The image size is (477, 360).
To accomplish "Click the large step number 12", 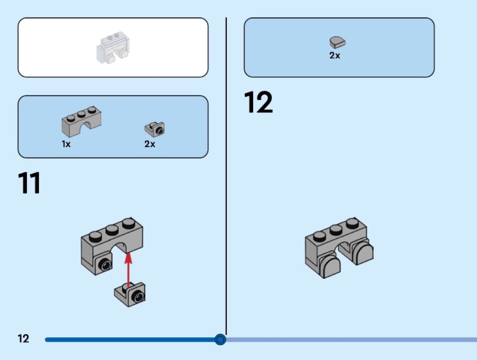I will (x=258, y=102).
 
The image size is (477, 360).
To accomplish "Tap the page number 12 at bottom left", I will (x=23, y=339).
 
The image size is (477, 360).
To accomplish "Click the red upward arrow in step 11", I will (x=129, y=270).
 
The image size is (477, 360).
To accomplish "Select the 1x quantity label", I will (x=66, y=144).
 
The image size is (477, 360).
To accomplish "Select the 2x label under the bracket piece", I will (x=149, y=144).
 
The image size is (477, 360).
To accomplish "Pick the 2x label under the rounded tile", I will (x=335, y=55).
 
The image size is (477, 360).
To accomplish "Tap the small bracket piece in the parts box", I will (x=155, y=129).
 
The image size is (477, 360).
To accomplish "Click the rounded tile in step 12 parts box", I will (x=337, y=42).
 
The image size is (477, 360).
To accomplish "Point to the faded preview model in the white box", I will (x=112, y=48).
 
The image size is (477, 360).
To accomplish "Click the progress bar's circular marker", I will (x=220, y=339).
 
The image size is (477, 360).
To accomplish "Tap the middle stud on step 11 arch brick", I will (x=112, y=231).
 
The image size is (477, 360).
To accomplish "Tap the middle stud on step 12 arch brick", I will (x=336, y=229).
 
